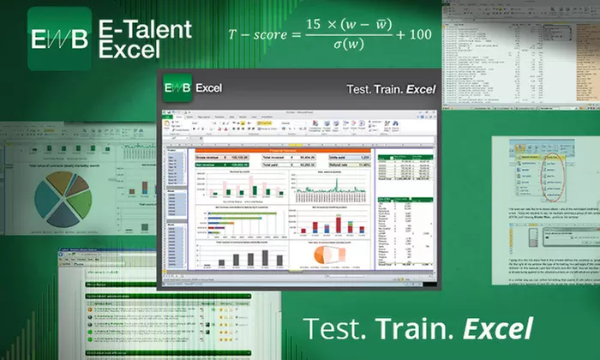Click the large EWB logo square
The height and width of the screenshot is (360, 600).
(58, 39)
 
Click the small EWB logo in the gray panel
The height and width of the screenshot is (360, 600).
(177, 87)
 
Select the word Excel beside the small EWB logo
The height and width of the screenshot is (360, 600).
(210, 87)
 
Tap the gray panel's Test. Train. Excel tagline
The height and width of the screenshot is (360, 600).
(391, 89)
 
